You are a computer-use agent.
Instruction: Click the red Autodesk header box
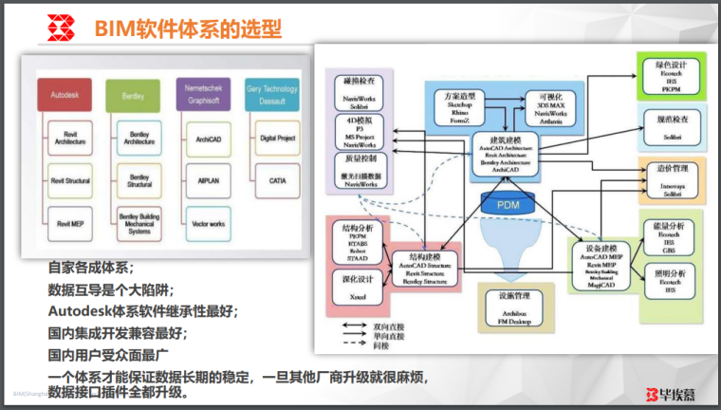(64, 96)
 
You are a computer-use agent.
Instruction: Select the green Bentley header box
(139, 96)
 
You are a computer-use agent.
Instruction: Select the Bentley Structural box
(139, 179)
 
